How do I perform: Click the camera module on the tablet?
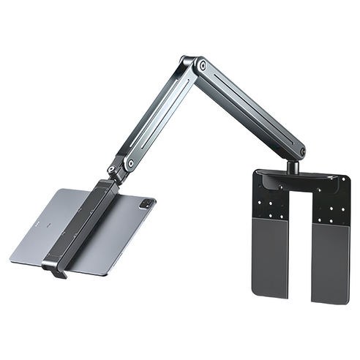click(x=149, y=202)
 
